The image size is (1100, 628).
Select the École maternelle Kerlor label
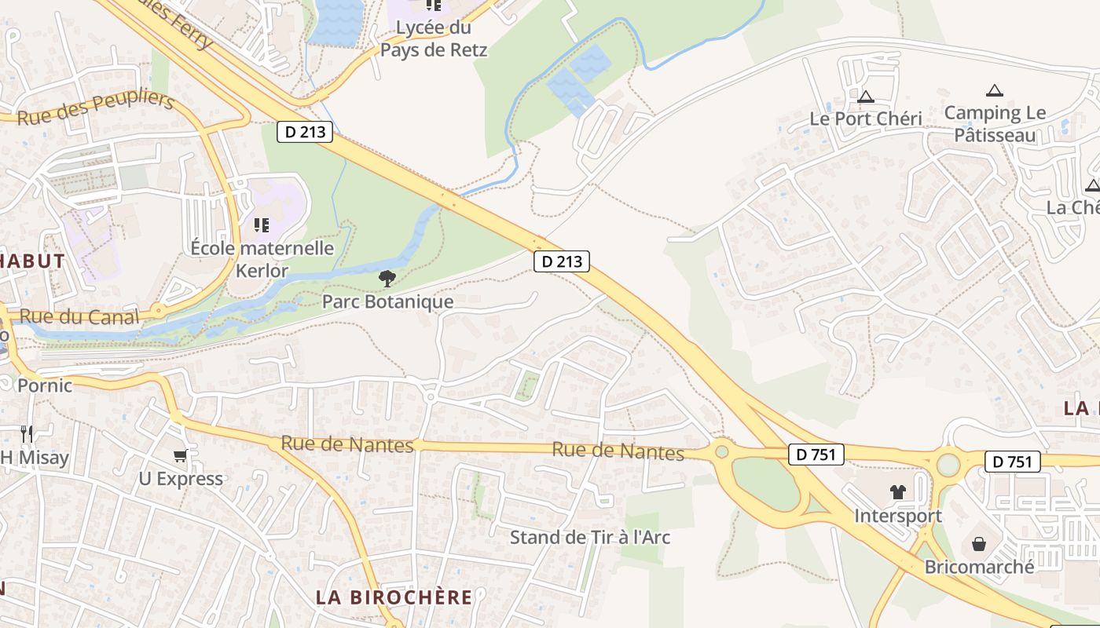click(x=262, y=260)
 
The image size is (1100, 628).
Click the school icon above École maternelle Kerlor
click(x=262, y=226)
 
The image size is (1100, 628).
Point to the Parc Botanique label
click(x=387, y=302)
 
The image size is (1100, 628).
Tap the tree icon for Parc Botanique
click(x=387, y=278)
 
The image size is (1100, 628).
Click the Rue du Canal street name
click(x=79, y=317)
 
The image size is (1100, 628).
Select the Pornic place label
click(x=45, y=385)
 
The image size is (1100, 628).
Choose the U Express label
click(x=181, y=479)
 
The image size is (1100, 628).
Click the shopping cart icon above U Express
click(x=181, y=455)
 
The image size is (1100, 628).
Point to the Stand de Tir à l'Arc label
click(x=590, y=538)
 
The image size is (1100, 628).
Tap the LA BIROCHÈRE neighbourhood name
click(x=394, y=597)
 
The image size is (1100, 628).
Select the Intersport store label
click(x=898, y=517)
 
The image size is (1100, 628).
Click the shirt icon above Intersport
click(x=898, y=492)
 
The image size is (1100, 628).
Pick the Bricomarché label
click(x=979, y=567)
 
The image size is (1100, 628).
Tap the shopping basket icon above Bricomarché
click(x=979, y=543)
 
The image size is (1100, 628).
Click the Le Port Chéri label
click(x=866, y=119)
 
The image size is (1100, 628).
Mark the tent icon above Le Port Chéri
click(x=866, y=97)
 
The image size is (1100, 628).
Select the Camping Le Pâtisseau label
click(x=995, y=124)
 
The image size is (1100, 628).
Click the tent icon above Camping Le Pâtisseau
click(x=995, y=90)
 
